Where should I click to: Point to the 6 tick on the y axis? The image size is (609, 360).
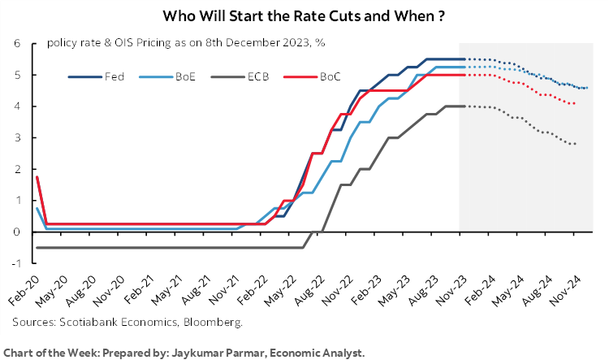pos(15,44)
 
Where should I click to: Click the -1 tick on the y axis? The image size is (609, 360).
pos(14,263)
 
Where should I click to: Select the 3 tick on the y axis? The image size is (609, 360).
pos(15,138)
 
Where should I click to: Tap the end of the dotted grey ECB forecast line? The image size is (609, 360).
pos(576,144)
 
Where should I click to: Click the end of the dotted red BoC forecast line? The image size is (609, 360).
pos(576,103)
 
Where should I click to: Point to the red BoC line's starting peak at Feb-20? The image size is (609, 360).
pos(37,177)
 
